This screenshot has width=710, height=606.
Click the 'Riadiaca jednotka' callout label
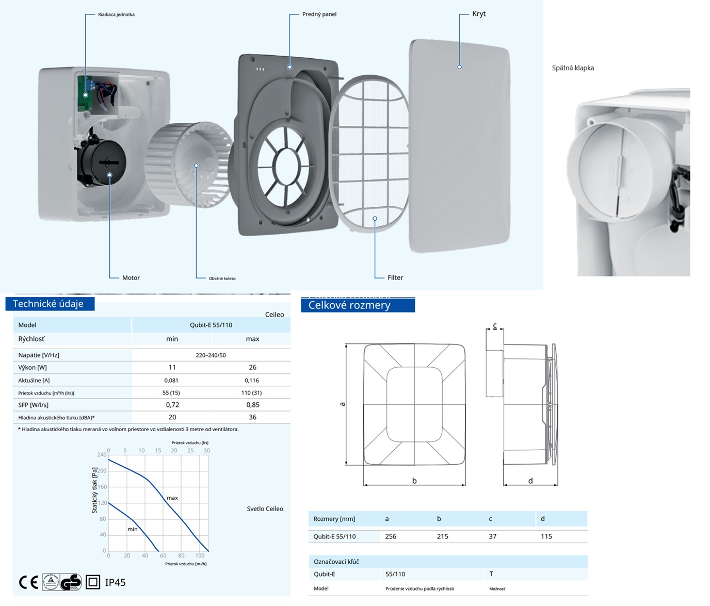click(116, 14)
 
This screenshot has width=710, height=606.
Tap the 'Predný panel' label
click(319, 14)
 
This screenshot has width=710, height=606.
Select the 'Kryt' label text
click(479, 14)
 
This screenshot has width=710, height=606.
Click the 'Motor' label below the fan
click(131, 278)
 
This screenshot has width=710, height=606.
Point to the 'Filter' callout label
click(395, 277)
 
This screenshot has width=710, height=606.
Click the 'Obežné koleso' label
click(222, 279)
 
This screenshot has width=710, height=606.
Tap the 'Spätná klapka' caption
click(573, 68)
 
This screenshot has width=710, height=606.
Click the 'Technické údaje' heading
click(49, 304)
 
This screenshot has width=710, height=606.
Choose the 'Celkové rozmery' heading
click(349, 305)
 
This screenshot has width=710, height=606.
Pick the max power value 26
click(252, 368)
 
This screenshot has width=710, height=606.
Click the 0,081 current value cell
click(171, 381)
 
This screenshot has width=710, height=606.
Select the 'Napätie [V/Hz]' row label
click(39, 355)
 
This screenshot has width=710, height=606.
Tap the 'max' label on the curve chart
click(172, 498)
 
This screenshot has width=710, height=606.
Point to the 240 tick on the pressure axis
click(102, 455)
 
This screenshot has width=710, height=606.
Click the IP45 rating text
click(115, 582)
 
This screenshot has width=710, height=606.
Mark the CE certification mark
click(28, 582)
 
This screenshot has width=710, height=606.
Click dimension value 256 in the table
click(391, 536)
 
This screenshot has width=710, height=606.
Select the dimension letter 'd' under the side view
click(530, 481)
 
